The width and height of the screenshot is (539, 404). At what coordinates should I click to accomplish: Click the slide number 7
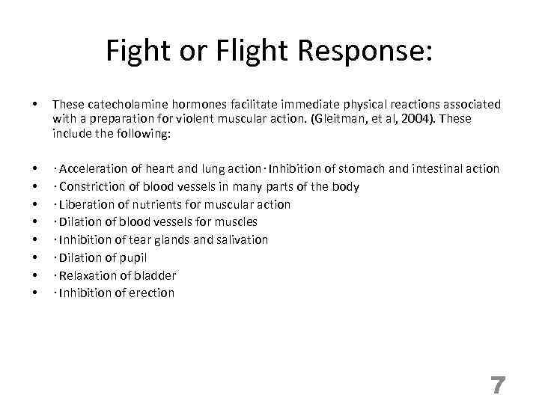coord(498,385)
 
